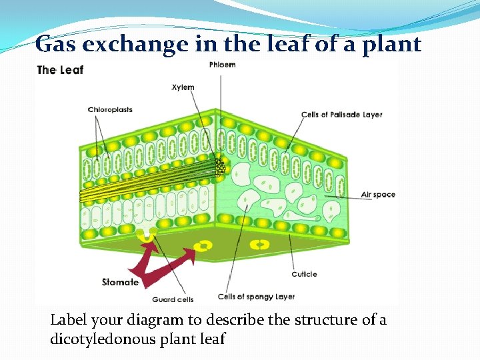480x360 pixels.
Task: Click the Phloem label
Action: click(222, 65)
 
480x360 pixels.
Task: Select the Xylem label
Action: click(183, 87)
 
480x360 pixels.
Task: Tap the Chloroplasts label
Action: click(110, 110)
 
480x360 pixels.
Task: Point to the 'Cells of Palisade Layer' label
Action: click(341, 115)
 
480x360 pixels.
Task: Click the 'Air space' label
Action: click(378, 195)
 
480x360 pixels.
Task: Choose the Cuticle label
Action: click(304, 274)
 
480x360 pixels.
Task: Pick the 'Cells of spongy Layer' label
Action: click(257, 296)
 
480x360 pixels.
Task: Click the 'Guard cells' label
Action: click(173, 299)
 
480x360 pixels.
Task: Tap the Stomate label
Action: click(120, 282)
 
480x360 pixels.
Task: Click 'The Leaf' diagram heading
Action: click(61, 69)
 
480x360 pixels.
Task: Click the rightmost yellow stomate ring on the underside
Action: click(260, 245)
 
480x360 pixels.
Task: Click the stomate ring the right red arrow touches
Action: click(205, 246)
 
